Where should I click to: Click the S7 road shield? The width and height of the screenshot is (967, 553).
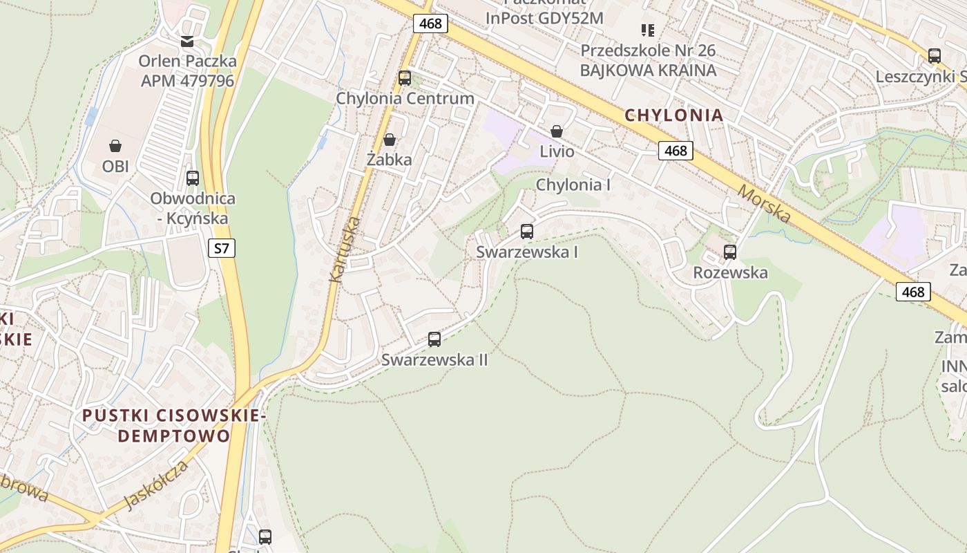pos(221,247)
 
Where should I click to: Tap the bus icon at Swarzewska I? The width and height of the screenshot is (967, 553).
pos(527,232)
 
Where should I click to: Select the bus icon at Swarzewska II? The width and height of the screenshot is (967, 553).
pos(434,339)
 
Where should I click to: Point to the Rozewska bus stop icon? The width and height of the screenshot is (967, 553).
pos(730,252)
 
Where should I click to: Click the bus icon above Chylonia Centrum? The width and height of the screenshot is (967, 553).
pos(405,78)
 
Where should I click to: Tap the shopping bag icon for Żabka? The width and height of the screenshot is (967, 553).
pos(390,140)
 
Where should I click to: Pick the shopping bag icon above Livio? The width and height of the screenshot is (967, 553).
pos(557,131)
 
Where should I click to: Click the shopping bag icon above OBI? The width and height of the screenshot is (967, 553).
pos(115,146)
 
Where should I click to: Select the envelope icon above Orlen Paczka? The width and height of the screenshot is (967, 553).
pos(187,41)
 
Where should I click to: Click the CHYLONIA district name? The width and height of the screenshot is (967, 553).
pos(674,115)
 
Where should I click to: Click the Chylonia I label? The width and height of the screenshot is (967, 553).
pos(573,185)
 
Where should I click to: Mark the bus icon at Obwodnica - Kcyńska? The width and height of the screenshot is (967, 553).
pos(193,178)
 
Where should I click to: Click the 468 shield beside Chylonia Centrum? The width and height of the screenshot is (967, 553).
pos(430,24)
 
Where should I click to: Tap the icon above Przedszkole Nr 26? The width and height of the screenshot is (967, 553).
pos(648,30)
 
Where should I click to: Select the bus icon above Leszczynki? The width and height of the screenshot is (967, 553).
pos(935,56)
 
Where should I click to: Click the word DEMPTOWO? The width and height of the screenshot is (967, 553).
pos(173,436)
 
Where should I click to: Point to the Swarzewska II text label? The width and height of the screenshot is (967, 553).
pos(434,360)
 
